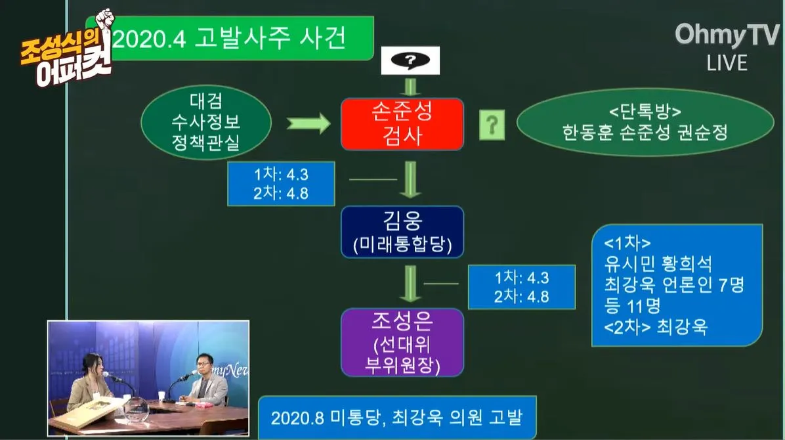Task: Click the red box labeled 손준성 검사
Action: (402, 124)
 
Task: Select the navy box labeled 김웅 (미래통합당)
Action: (402, 231)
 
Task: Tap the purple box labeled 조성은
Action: (402, 342)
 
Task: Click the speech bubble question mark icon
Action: (410, 61)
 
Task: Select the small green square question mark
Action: (492, 124)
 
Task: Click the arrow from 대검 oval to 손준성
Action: (308, 122)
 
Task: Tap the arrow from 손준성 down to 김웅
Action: (411, 179)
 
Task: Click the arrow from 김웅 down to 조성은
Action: (411, 284)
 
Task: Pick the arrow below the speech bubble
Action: (411, 87)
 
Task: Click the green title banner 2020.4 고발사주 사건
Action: (236, 39)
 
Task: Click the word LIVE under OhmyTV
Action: (727, 63)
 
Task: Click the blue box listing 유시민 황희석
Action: (676, 286)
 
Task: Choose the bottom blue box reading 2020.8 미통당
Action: (397, 418)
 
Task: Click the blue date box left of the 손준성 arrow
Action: (281, 183)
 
